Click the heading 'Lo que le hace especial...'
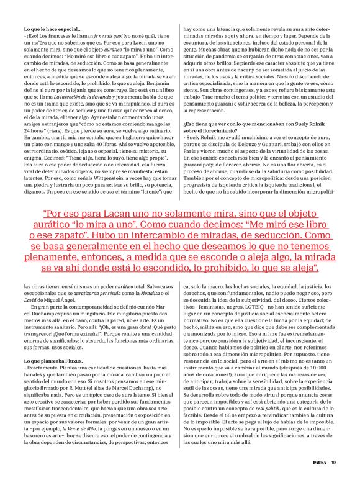52,29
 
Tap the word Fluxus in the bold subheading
74,360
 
